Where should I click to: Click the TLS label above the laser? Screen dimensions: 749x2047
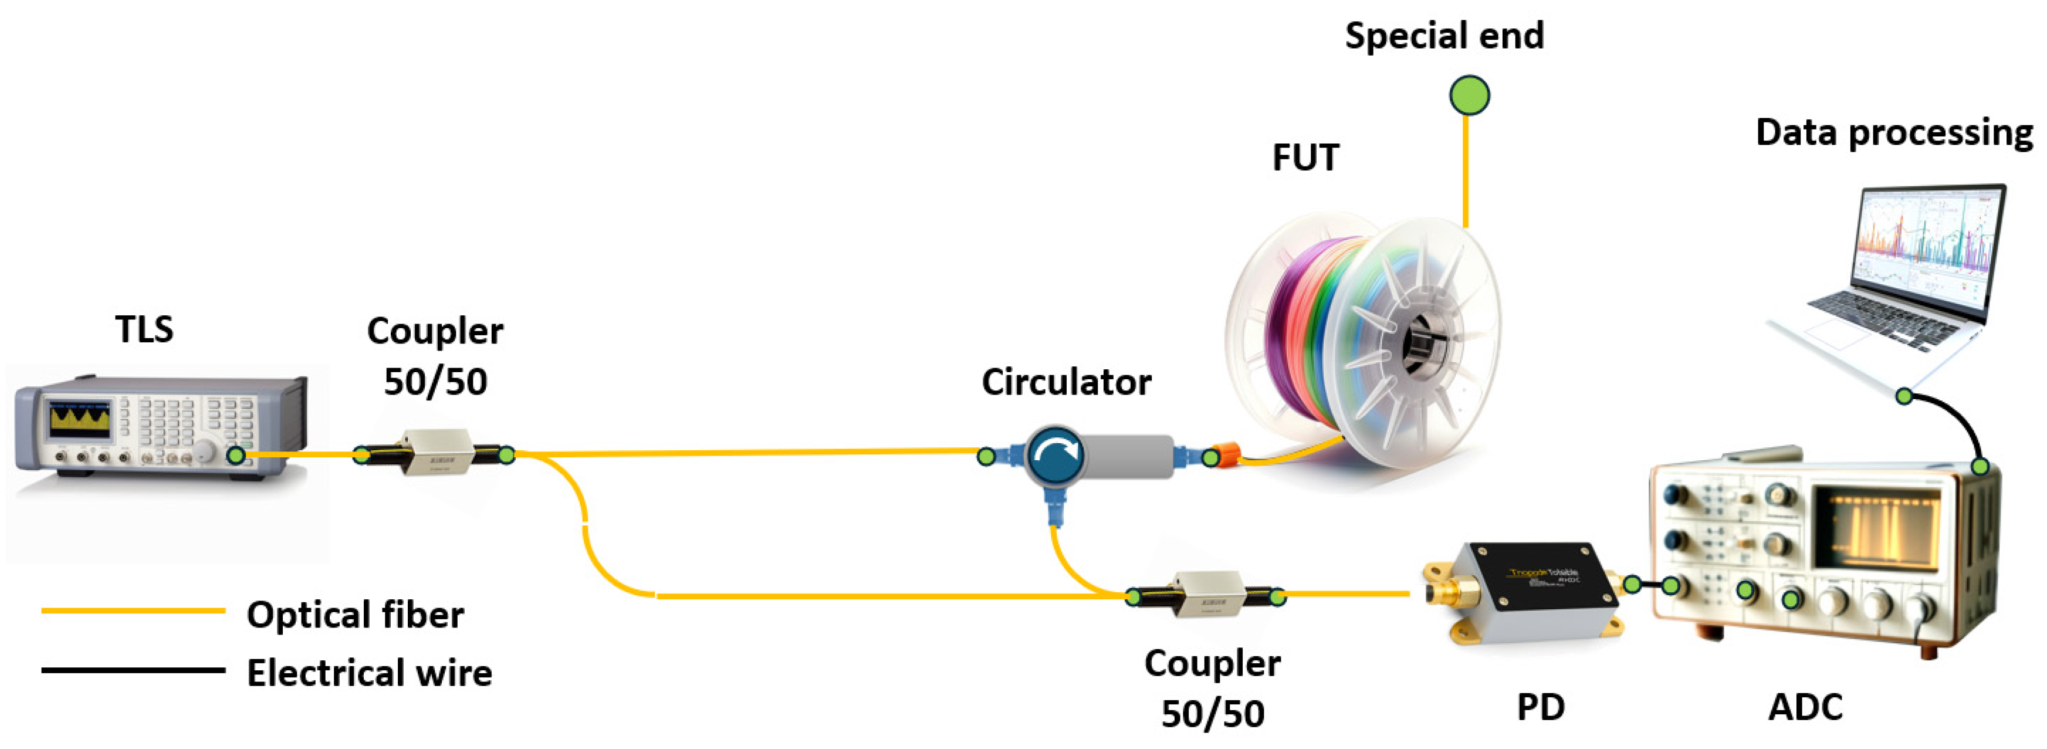pos(144,329)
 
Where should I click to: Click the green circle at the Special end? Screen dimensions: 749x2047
pos(1469,96)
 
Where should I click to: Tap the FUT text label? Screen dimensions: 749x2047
pos(1305,157)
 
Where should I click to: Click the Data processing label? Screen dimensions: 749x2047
pos(1894,132)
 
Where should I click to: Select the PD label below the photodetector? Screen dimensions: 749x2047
pos(1540,707)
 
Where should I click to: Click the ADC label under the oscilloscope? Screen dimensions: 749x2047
pos(1805,707)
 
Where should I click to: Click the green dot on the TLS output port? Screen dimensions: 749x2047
pos(236,456)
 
